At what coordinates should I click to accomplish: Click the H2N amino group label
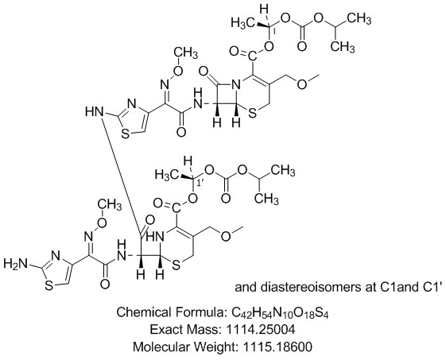pos(16,264)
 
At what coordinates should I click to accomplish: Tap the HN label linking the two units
pos(94,111)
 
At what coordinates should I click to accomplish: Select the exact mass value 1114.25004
pos(261,330)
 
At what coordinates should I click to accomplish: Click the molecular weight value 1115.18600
pos(277,347)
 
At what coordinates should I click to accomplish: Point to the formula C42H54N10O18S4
pos(281,313)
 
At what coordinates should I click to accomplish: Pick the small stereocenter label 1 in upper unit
pos(274,32)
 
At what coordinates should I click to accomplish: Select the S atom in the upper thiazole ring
pos(125,134)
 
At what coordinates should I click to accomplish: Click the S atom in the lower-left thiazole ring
pos(49,286)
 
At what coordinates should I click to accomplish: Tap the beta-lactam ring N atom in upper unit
pos(235,83)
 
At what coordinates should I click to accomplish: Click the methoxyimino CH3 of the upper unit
pos(185,53)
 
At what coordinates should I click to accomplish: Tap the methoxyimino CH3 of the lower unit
pos(110,204)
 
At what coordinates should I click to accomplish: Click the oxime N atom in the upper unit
pos(164,83)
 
